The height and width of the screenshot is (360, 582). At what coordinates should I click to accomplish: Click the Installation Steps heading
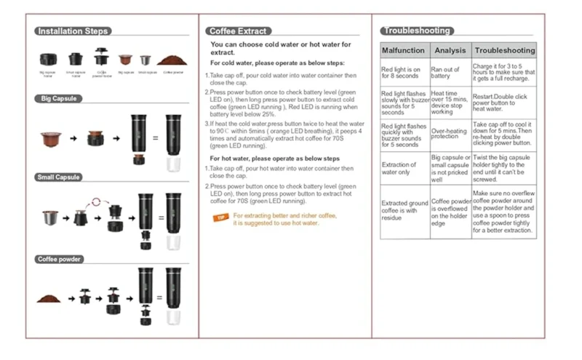tap(73, 31)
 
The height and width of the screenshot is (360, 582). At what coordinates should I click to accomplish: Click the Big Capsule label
tap(58, 98)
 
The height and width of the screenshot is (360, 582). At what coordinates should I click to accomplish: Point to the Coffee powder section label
tap(60, 259)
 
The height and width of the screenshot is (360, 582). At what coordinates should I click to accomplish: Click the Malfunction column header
tap(403, 51)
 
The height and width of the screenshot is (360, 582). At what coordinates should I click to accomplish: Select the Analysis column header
tap(450, 51)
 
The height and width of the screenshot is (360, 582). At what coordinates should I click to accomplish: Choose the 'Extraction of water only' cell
tap(400, 169)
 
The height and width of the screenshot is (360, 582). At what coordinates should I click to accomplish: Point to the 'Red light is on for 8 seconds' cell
tap(402, 73)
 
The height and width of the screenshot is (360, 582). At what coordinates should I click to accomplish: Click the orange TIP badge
tap(220, 217)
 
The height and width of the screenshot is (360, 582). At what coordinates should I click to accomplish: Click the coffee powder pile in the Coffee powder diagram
tap(49, 298)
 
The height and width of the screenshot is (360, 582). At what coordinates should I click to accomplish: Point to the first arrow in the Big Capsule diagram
tap(73, 137)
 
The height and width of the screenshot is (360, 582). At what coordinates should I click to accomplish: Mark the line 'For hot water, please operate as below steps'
tap(275, 158)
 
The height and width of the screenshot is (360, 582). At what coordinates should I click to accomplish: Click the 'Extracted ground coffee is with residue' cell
tap(402, 209)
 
